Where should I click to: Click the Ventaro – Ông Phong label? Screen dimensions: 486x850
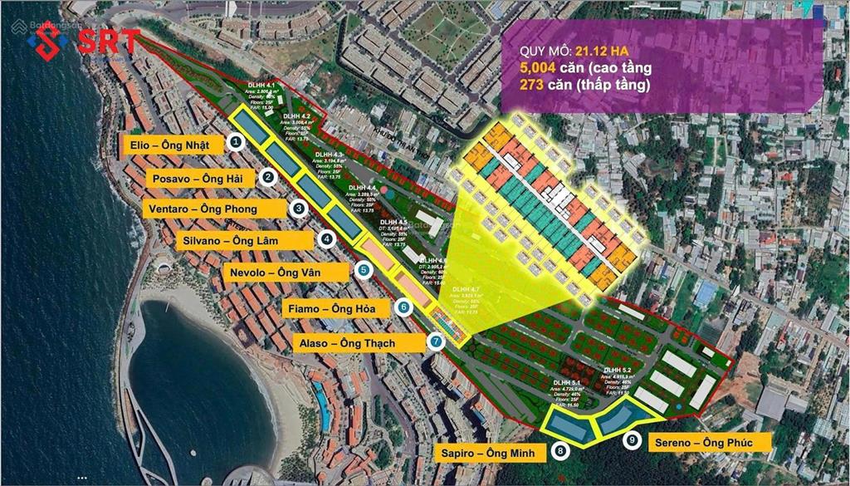point(212,209)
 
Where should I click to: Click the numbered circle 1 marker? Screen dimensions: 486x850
point(237,143)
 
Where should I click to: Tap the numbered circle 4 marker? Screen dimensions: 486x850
point(328,239)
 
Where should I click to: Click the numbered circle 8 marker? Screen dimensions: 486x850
point(561,451)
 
